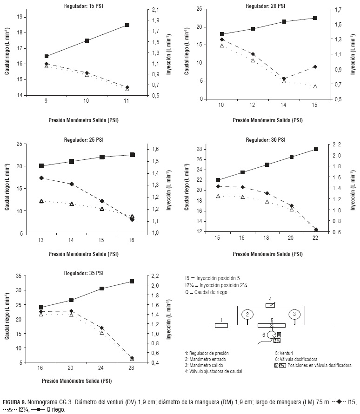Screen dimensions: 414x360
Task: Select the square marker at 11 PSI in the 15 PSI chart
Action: tap(127, 25)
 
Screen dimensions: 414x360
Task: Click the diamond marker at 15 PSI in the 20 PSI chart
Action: tap(315, 67)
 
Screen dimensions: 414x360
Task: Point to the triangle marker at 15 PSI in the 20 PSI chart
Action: tap(315, 86)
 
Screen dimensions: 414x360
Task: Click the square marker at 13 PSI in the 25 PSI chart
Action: tap(41, 166)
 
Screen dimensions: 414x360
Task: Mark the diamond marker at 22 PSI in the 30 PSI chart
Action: tap(316, 230)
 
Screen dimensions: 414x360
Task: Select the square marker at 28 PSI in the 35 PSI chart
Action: tap(132, 281)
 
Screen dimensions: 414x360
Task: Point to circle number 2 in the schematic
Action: tap(248, 315)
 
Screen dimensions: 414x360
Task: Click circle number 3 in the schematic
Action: tap(294, 315)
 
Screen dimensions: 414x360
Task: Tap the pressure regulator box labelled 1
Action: tap(221, 325)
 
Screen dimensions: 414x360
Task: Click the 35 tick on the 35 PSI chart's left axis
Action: tap(19, 276)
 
